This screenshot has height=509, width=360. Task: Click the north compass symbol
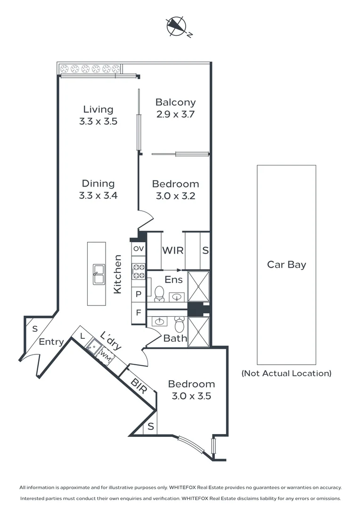(x=177, y=26)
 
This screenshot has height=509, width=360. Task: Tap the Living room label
(x=98, y=109)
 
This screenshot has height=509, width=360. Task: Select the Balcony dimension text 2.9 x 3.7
(x=175, y=114)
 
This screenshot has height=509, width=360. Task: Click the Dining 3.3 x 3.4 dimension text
(x=98, y=195)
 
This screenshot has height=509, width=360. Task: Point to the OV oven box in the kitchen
(x=139, y=248)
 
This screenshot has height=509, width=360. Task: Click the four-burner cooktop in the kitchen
(x=139, y=271)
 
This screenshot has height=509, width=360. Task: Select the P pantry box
(x=139, y=293)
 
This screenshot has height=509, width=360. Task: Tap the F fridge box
(x=139, y=312)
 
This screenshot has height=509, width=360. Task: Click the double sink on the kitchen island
(x=99, y=274)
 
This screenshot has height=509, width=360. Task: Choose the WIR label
(x=173, y=251)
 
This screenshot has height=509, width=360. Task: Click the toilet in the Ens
(x=159, y=293)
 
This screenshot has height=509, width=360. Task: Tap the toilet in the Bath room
(x=179, y=324)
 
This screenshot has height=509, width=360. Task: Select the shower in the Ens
(x=198, y=286)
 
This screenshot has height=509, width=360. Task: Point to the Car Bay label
(x=286, y=264)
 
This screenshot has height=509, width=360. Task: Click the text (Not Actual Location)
(x=286, y=373)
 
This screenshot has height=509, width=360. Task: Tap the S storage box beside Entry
(x=34, y=329)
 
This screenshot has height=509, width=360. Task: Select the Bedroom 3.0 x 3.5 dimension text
(x=191, y=396)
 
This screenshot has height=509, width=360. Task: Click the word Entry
(x=51, y=342)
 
